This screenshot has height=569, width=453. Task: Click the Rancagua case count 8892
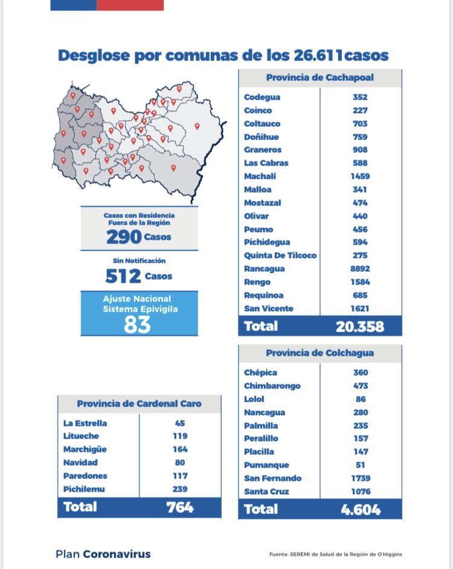(361, 269)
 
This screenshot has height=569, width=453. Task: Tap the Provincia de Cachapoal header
(320, 78)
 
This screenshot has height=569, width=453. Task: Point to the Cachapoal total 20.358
(360, 326)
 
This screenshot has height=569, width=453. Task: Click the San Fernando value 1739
(361, 478)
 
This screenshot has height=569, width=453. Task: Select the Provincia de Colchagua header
(320, 353)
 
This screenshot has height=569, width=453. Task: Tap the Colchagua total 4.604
(361, 510)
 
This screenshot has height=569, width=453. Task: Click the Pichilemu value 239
(179, 489)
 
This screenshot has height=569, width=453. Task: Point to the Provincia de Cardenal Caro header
(139, 403)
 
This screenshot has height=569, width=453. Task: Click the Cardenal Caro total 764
(179, 507)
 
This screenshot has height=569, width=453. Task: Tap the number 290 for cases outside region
(124, 237)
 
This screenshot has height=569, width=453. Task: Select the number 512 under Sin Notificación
(123, 277)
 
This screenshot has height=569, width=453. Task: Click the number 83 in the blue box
(138, 324)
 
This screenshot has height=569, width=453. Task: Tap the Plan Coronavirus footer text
(103, 554)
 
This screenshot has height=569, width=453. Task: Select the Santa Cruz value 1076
(361, 492)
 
